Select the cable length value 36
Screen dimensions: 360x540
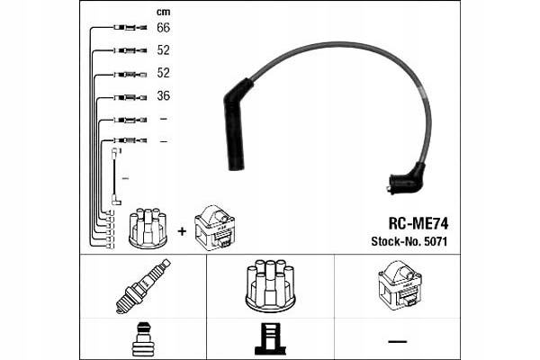(164, 96)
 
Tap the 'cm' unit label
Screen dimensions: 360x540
(163, 11)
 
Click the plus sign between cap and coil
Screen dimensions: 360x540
(183, 231)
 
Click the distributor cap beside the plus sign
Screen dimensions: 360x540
(148, 229)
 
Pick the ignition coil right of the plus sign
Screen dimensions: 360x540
(216, 228)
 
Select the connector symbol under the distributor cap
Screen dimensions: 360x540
(269, 338)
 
